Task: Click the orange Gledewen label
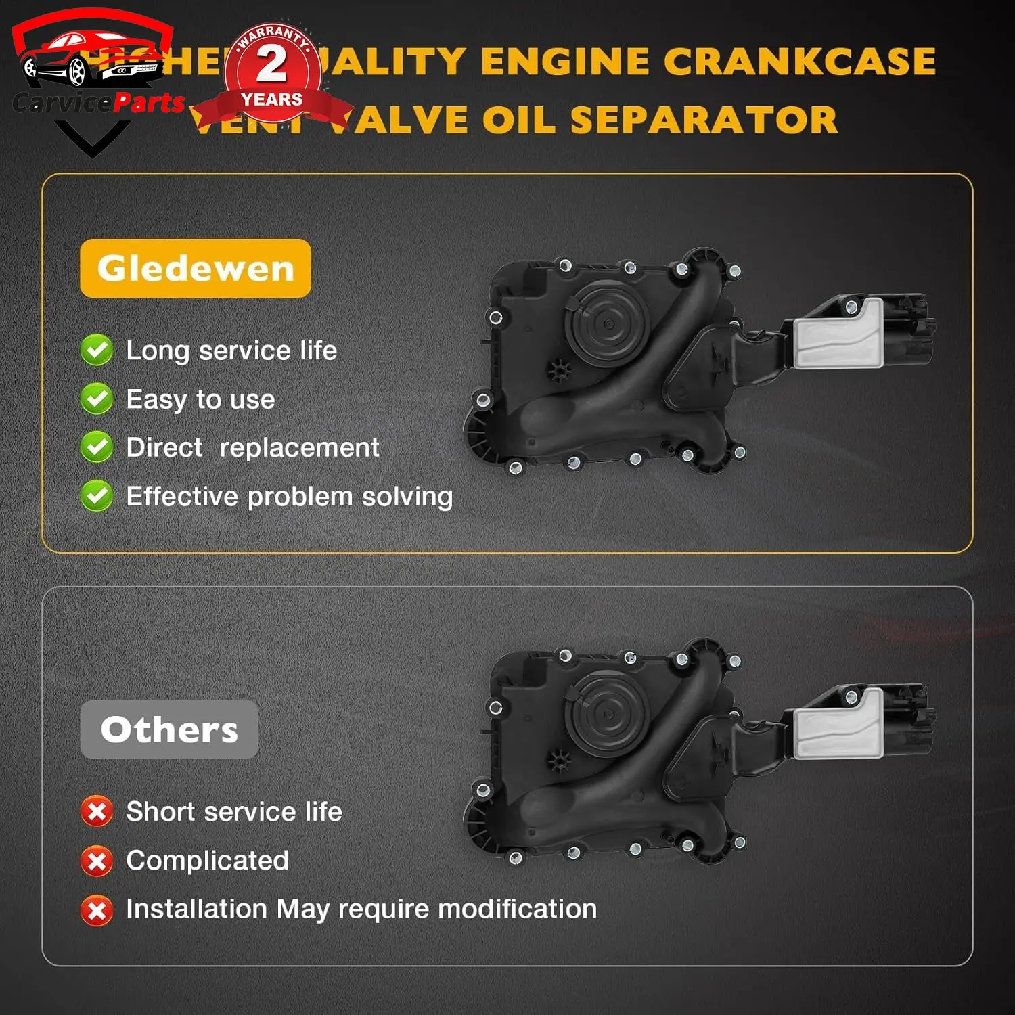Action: tap(196, 269)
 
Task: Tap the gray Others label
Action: tap(169, 729)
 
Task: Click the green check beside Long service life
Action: tap(97, 350)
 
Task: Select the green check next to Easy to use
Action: tap(97, 399)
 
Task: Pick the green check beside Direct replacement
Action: tap(97, 447)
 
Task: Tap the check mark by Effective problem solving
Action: tap(97, 496)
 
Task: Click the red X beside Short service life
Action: tap(97, 811)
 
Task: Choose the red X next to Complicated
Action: tap(97, 861)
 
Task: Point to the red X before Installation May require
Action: tap(97, 909)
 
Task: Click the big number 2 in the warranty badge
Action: tap(272, 64)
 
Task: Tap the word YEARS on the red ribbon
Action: tap(272, 100)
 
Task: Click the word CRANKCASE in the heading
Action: tap(800, 62)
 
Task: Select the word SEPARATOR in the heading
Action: tap(704, 120)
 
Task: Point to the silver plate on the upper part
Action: tap(839, 334)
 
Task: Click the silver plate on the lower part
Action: tap(839, 724)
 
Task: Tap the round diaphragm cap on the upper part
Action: tap(608, 324)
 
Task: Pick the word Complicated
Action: tap(208, 861)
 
